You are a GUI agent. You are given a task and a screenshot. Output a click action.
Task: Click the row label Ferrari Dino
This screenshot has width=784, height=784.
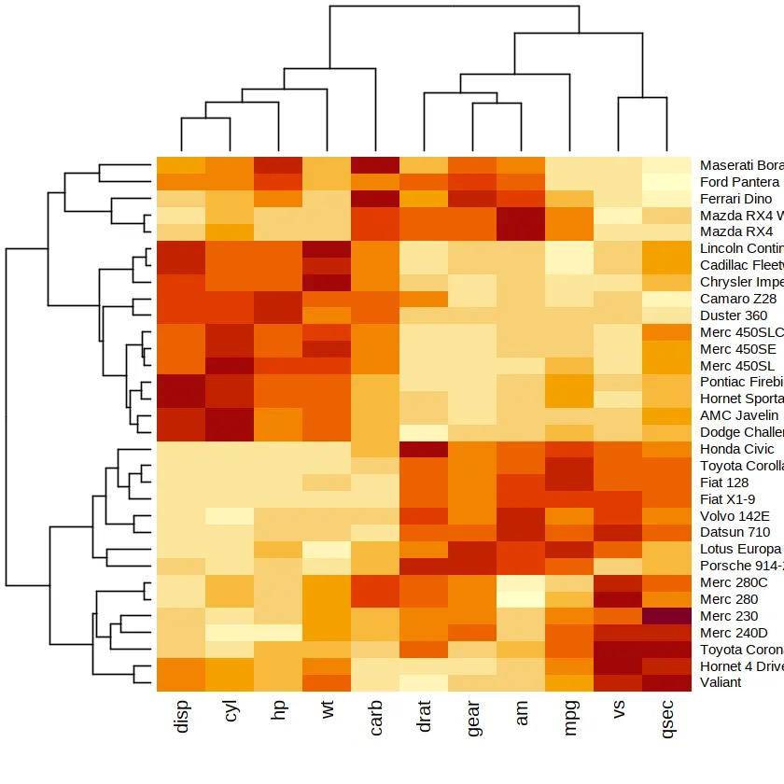point(736,199)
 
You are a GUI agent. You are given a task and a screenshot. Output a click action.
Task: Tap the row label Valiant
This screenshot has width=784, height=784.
point(721,681)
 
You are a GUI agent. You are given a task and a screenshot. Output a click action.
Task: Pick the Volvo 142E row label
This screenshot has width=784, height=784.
point(735,514)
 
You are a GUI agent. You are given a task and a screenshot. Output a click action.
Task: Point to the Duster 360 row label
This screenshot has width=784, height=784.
point(734,315)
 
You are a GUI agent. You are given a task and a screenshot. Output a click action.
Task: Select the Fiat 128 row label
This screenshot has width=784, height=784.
point(724,482)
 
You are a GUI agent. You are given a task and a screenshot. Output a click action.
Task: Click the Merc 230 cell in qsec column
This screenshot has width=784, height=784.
point(668,615)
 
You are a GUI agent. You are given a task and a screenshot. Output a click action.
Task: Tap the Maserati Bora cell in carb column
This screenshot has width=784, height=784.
point(376,165)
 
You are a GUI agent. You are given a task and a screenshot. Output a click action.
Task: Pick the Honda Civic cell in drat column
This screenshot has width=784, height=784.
point(425,448)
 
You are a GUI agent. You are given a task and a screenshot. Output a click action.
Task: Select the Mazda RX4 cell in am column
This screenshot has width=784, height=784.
point(522,231)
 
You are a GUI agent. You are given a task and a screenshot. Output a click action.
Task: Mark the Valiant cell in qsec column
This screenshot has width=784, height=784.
point(668,681)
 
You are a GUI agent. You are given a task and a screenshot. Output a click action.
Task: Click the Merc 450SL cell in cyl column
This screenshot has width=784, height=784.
point(230,365)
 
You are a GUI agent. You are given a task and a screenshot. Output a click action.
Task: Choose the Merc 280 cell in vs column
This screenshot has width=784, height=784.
point(620,598)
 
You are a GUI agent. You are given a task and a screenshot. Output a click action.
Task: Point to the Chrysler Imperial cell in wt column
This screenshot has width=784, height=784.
point(327,282)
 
